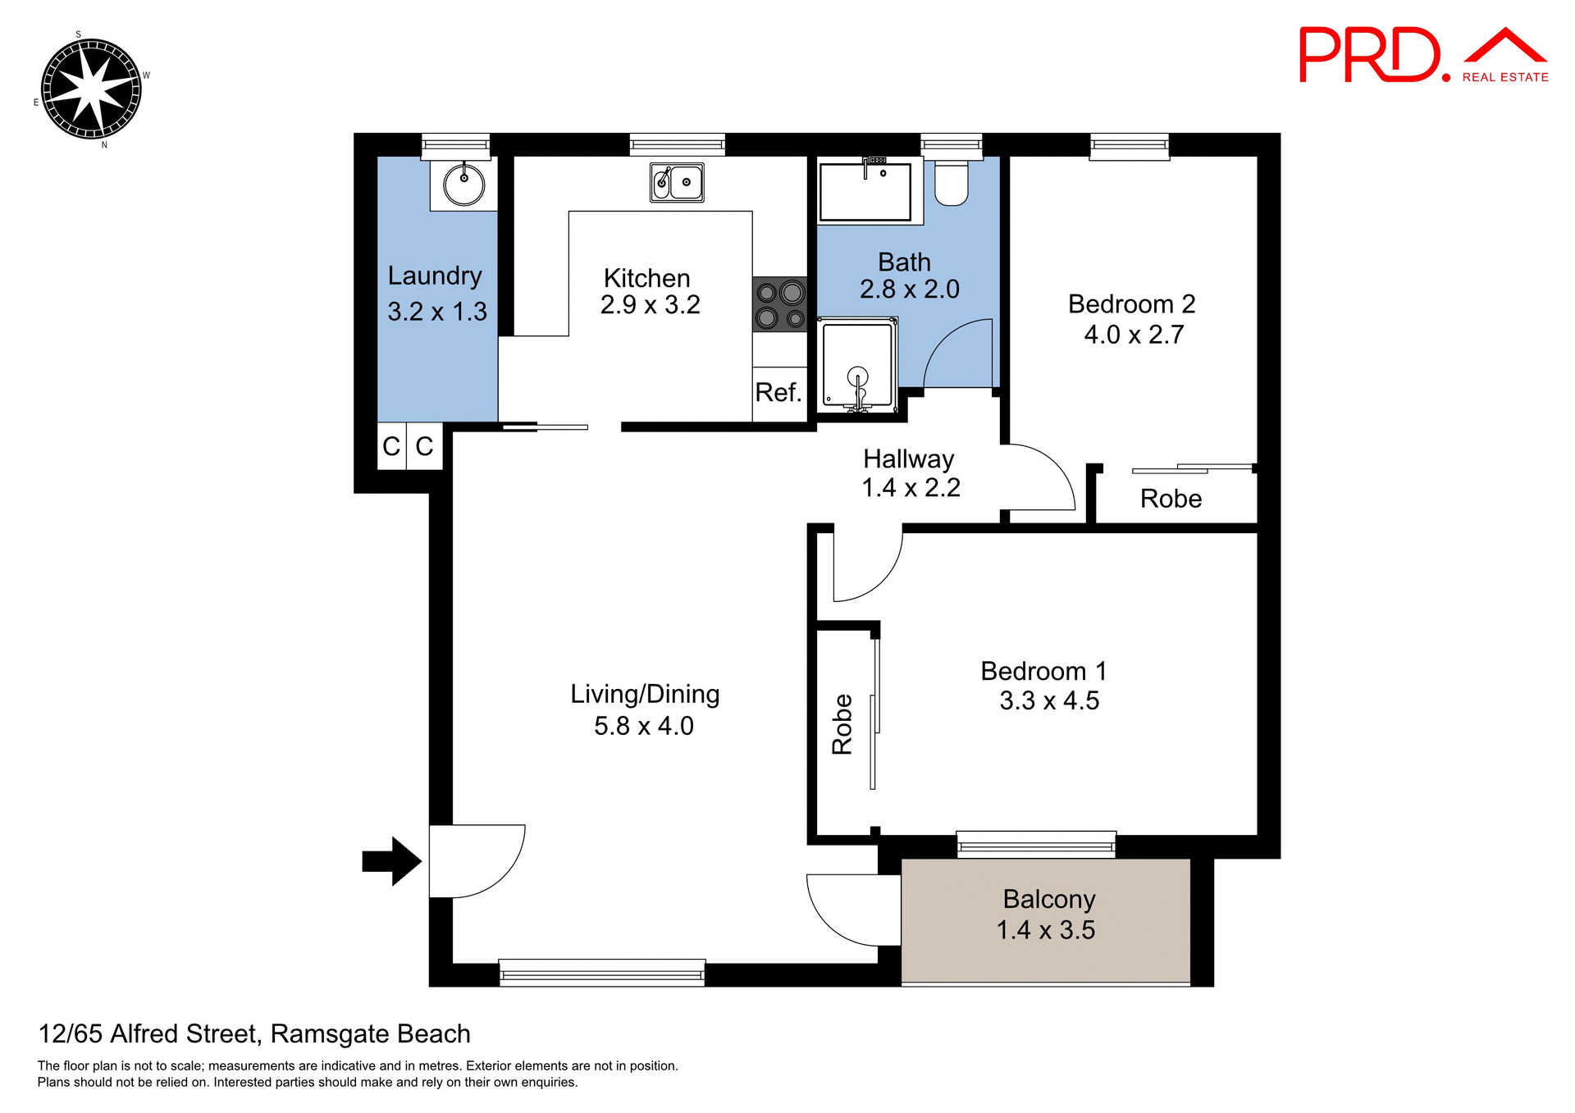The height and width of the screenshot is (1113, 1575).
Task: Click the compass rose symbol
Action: coord(91,89)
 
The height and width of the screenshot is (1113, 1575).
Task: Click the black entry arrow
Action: coord(392,861)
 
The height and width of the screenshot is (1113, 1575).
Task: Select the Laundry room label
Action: coord(435,276)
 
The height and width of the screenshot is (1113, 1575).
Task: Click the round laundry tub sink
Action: coord(464,185)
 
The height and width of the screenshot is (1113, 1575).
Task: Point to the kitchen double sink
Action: coord(677,182)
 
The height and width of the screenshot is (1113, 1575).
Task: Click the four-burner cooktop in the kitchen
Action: coord(780,304)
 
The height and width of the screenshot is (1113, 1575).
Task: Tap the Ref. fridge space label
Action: coord(778,392)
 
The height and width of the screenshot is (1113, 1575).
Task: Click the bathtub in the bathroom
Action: coord(865,192)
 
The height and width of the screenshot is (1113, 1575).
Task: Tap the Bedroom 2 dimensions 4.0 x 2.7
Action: coord(1134,335)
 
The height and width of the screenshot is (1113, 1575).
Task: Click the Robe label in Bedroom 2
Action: coord(1171,499)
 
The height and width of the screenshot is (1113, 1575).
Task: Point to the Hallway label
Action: coord(908,458)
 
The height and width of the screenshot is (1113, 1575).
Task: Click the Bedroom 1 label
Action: coord(1043,671)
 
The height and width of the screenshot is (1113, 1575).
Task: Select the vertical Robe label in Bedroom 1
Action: coord(842,723)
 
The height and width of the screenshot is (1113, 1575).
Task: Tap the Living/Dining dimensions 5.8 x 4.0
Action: coord(644,726)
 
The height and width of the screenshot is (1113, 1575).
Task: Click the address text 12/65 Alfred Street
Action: coord(254,1033)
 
